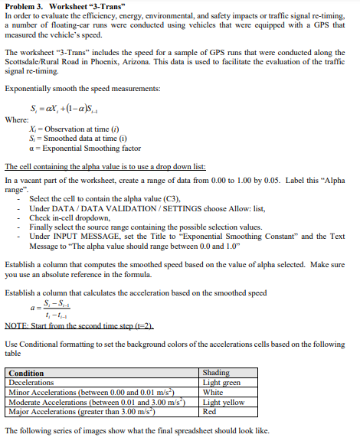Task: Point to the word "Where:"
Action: point(18,119)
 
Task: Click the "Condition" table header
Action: point(26,372)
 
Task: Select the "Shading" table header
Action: point(216,372)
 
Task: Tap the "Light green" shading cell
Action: point(222,381)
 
